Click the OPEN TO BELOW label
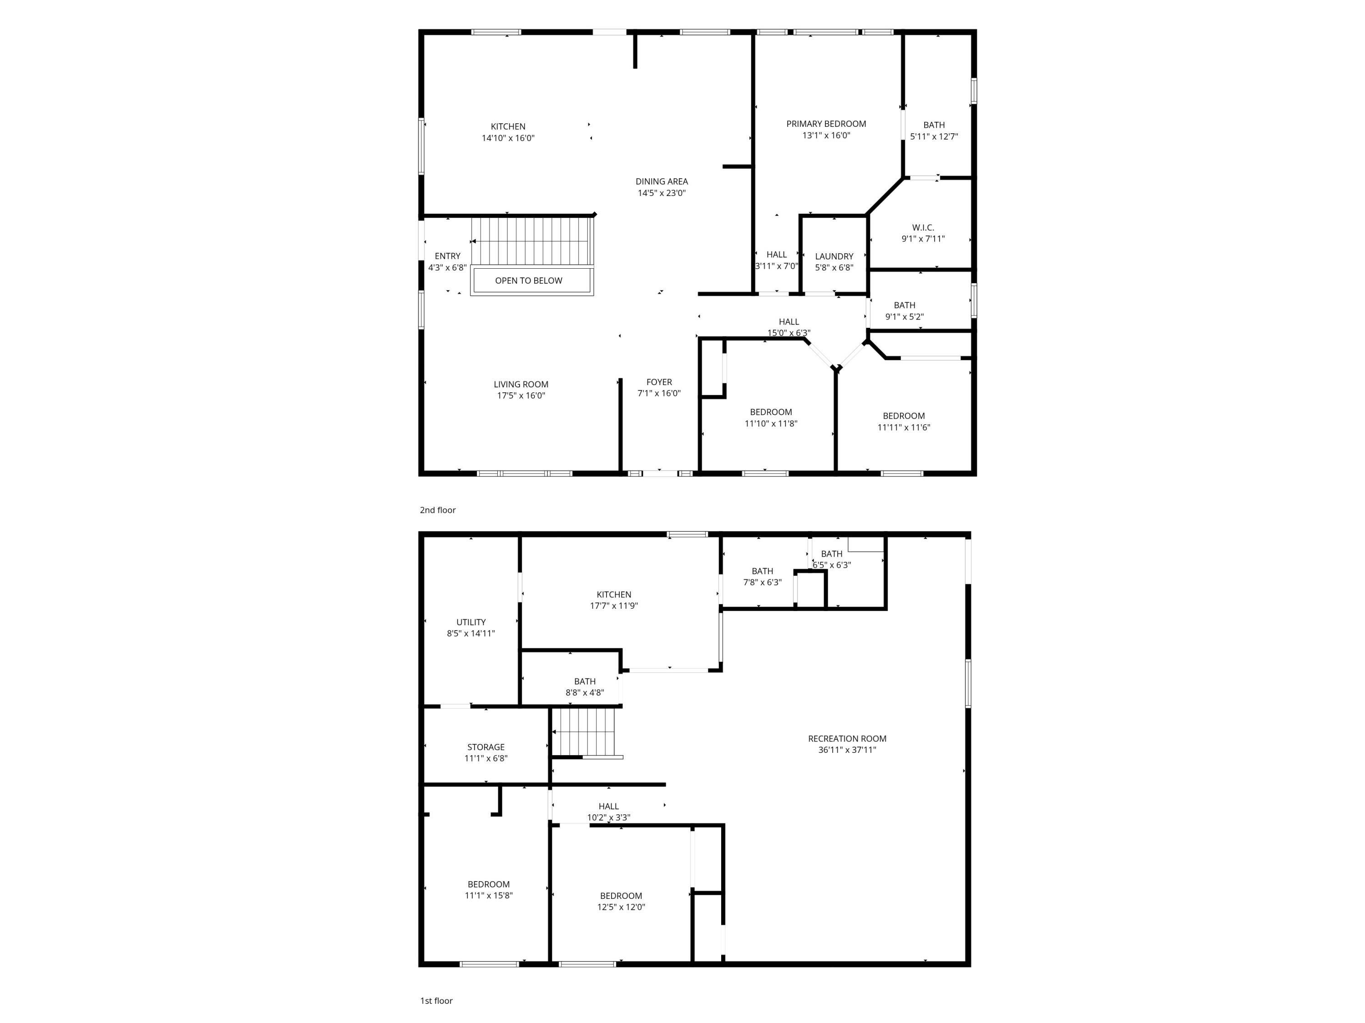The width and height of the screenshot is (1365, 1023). [528, 281]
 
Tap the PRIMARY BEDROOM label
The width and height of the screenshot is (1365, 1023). [826, 124]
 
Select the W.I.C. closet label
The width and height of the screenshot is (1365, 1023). [923, 227]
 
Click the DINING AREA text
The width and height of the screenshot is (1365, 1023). [662, 181]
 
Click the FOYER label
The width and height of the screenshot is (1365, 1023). [659, 382]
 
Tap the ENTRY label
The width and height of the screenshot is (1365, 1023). [447, 256]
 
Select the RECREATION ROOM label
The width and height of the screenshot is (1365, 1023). [847, 739]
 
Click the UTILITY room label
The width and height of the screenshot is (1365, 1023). [471, 622]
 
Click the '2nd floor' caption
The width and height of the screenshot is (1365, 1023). [438, 510]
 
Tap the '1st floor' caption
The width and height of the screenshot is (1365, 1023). [436, 1001]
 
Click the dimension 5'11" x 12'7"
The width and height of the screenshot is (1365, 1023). [934, 137]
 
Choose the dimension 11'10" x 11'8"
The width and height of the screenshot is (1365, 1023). [771, 424]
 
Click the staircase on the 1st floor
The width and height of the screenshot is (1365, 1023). [584, 732]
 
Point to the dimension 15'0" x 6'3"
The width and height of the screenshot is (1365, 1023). [789, 333]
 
